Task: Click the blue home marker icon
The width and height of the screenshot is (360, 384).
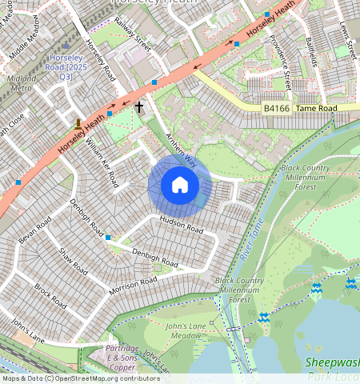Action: coord(180,186)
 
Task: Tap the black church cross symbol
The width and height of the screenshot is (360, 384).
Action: coord(139,106)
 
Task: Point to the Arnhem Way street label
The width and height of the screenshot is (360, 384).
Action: coord(181,149)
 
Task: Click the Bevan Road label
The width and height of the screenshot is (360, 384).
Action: coord(34,232)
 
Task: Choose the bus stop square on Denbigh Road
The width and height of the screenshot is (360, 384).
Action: coord(108,237)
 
